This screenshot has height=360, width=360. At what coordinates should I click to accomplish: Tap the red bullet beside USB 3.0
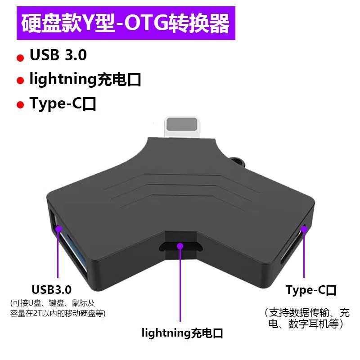[x=20, y=58]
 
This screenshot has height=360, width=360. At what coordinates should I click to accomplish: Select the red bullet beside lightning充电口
[x=20, y=81]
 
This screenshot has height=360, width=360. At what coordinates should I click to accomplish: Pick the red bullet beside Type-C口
[x=20, y=105]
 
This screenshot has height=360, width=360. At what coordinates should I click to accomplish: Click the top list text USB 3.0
[x=58, y=55]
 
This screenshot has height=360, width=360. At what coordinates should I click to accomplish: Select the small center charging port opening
[x=180, y=247]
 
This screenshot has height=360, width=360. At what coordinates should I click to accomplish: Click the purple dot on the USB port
[x=58, y=228]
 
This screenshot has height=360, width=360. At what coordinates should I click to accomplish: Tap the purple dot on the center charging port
[x=180, y=246]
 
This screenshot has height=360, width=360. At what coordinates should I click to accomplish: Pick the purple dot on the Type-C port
[x=304, y=229]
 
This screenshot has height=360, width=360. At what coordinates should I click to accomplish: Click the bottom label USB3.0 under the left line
[x=52, y=289]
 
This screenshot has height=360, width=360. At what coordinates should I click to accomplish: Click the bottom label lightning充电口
[x=183, y=333]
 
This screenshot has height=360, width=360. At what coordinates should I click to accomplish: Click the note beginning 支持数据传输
[x=307, y=318]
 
